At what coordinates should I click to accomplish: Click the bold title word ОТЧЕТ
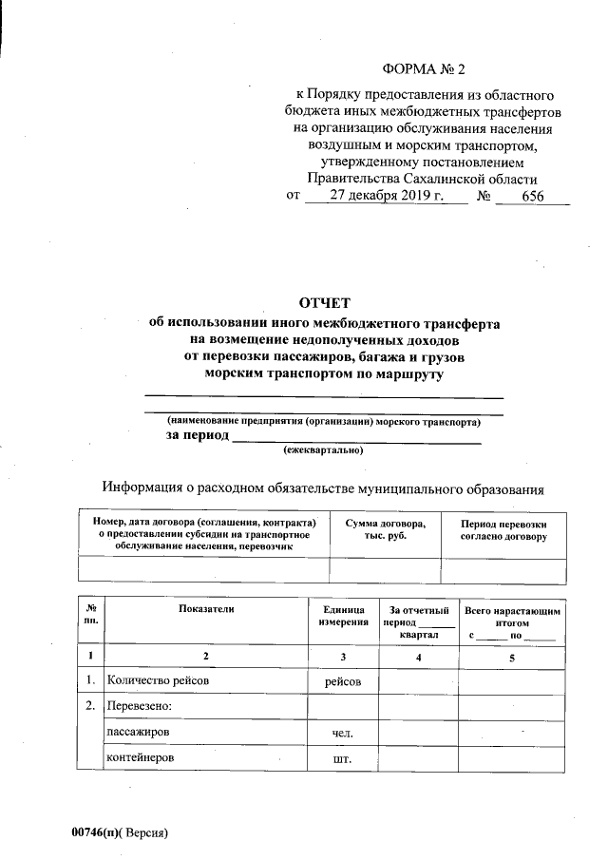pos(325,304)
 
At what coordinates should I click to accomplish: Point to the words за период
pos(198,435)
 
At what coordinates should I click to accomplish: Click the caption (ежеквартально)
pos(324,452)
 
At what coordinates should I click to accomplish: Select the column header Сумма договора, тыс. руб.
pos(385,530)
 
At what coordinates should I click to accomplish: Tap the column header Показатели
pos(205,607)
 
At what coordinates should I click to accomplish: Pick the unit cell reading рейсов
pos(343,681)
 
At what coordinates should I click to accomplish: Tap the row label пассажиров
pos(139,733)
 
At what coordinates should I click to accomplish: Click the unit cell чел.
pos(343,734)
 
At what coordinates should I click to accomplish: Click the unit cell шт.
pos(343,759)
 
